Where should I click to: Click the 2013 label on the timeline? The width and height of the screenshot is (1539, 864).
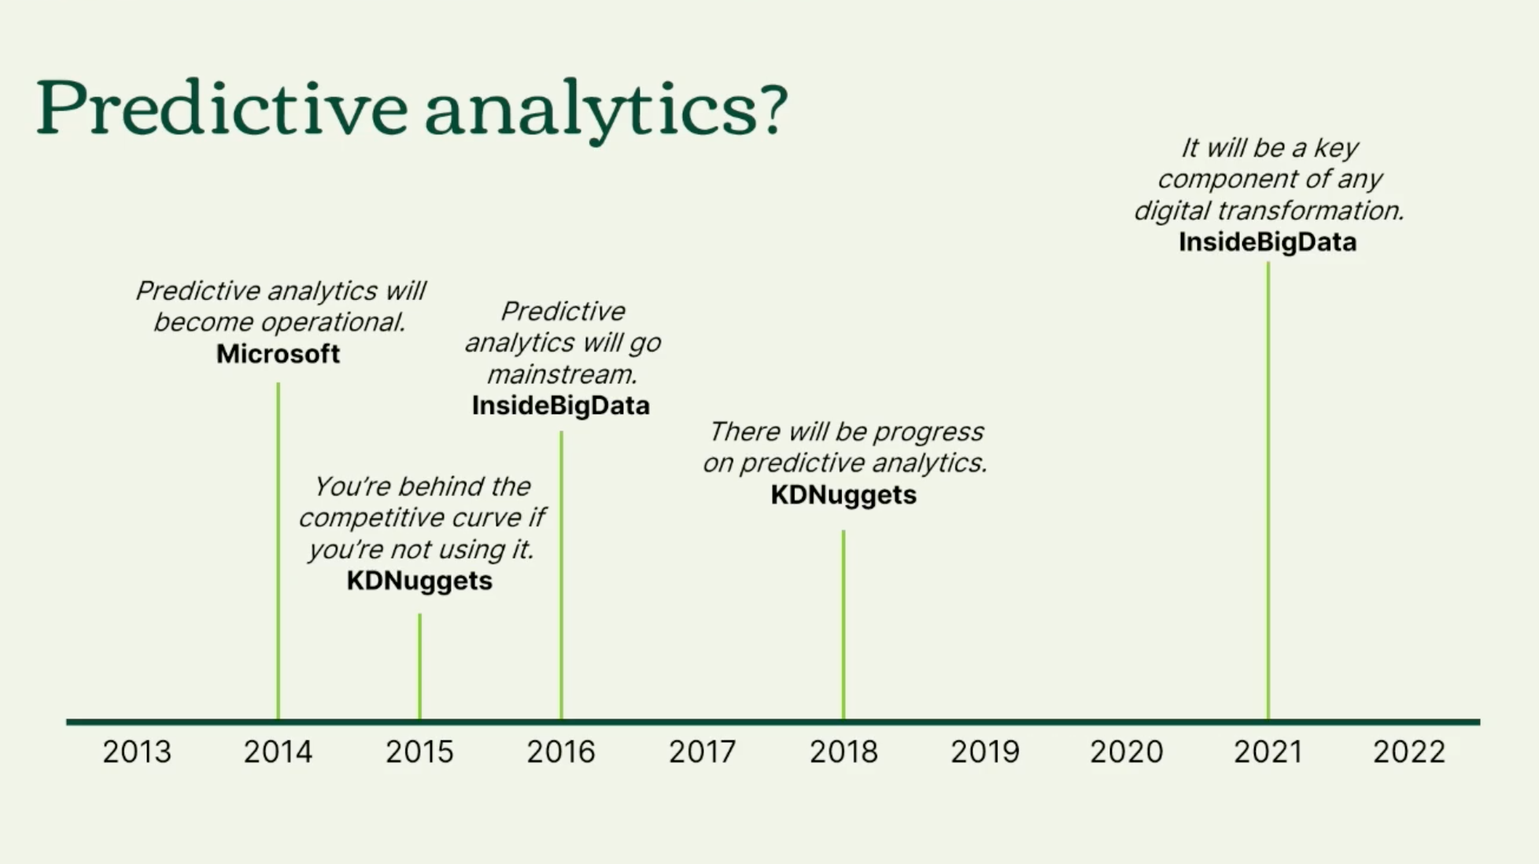click(137, 752)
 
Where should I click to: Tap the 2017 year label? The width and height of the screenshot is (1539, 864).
click(703, 752)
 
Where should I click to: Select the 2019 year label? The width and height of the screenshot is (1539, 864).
click(985, 752)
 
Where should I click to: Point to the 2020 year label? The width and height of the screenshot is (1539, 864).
click(1127, 752)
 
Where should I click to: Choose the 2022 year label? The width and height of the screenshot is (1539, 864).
click(1409, 752)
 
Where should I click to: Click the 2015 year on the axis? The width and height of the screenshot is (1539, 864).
click(419, 752)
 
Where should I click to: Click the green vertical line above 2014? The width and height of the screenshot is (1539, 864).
click(279, 551)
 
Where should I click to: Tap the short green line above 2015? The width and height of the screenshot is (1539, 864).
click(420, 666)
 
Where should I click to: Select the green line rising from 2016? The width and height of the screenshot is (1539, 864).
click(562, 575)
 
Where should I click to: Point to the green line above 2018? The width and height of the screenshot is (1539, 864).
click(843, 625)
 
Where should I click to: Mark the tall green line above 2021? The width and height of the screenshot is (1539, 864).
click(1268, 490)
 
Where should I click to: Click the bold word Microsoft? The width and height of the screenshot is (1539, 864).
click(279, 354)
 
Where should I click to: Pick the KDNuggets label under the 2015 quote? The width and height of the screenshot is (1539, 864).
click(419, 582)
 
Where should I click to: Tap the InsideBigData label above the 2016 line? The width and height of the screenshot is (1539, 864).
click(561, 406)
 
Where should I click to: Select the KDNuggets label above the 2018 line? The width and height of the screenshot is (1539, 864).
click(843, 495)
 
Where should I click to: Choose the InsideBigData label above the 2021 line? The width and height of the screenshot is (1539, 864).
click(1268, 242)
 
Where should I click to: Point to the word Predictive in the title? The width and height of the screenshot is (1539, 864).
click(221, 107)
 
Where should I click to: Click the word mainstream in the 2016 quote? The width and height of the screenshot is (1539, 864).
click(562, 375)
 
